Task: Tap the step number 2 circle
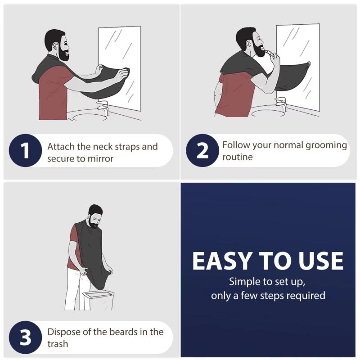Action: pos(203,151)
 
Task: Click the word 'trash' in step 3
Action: pos(58,344)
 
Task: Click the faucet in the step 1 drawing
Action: pos(103,108)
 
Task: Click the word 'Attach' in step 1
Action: pos(61,147)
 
